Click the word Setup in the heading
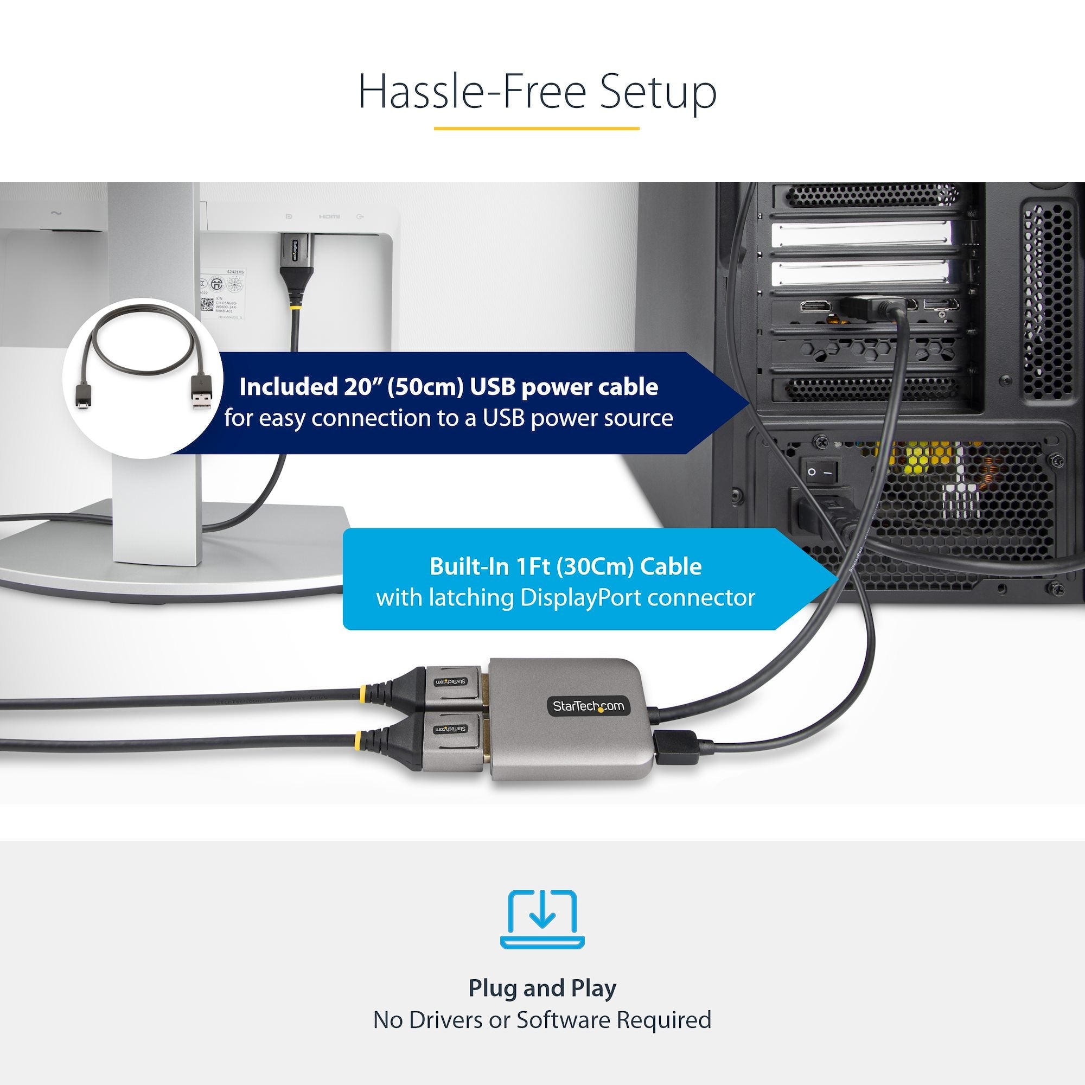click(658, 92)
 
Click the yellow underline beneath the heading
click(537, 129)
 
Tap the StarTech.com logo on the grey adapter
click(588, 706)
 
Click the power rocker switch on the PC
click(820, 472)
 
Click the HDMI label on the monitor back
click(329, 216)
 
